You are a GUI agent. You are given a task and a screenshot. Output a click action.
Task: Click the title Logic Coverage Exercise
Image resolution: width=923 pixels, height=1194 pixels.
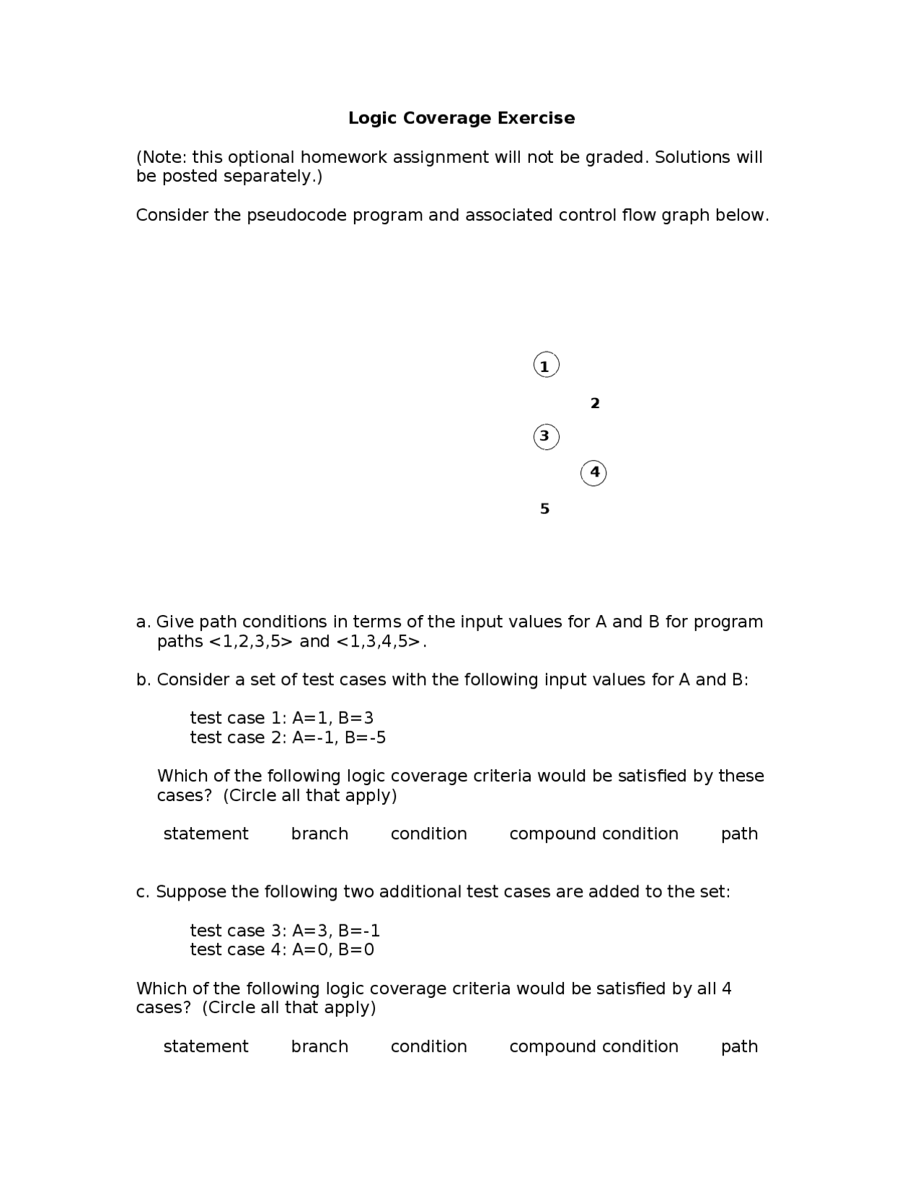pos(461,118)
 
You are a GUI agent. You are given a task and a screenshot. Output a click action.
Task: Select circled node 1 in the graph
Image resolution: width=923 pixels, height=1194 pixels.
pos(546,366)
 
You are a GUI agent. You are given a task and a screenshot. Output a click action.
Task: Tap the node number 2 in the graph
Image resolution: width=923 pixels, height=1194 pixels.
pos(595,404)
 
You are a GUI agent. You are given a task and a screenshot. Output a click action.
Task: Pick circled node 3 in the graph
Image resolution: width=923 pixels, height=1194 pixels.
pos(546,436)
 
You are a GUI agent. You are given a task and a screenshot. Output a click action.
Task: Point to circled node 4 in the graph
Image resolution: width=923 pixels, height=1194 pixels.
pos(593,473)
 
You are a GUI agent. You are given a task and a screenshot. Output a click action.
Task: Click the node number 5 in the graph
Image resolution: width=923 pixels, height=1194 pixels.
pos(545,509)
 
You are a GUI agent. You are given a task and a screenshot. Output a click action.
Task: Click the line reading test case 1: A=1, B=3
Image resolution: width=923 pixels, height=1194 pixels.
pos(282,718)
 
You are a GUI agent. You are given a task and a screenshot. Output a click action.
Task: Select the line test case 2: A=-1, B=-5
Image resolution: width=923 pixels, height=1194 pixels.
pos(288,738)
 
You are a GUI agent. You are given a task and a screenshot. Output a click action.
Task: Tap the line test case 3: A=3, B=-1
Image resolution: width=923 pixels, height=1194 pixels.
pos(285,930)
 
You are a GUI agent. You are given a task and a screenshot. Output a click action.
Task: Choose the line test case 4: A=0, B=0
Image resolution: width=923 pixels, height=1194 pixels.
pos(282,950)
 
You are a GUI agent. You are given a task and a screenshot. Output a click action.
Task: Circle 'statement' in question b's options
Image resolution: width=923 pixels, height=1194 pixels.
pos(206,834)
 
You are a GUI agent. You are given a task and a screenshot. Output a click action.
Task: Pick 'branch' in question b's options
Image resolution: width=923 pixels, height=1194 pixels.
pos(319,834)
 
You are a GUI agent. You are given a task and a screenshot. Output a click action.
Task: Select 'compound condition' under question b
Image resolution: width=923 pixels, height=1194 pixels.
pos(593,834)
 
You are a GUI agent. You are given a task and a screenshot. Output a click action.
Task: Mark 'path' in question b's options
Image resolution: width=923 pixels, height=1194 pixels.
pos(739,834)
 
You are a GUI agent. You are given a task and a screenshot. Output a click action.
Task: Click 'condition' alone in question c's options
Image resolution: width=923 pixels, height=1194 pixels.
pos(428,1047)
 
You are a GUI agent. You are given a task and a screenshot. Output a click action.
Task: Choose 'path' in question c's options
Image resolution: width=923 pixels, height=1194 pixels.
pos(739,1047)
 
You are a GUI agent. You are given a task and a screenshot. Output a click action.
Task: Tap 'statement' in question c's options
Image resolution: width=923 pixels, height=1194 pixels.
pos(206,1047)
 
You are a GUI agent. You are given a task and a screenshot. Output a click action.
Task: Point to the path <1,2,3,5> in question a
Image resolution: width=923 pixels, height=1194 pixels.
pos(251,642)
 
